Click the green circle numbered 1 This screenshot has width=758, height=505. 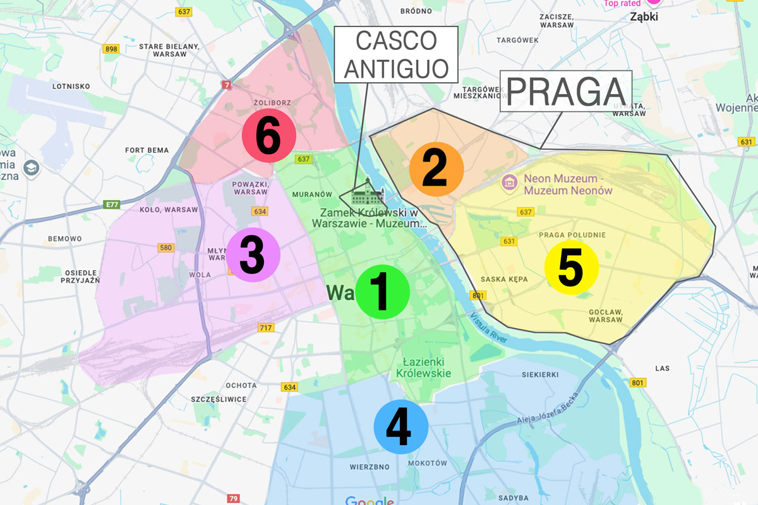click(x=382, y=292)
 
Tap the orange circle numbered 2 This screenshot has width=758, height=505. click(x=436, y=169)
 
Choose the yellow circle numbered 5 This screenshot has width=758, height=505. click(x=571, y=268)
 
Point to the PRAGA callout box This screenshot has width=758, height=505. click(x=566, y=92)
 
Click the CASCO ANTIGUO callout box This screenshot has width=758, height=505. click(x=396, y=54)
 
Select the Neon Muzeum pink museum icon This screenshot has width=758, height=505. click(x=509, y=184)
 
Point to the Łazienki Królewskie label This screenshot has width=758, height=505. click(x=424, y=367)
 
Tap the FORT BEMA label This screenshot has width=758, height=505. click(x=147, y=150)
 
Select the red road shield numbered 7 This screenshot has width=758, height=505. click(x=226, y=84)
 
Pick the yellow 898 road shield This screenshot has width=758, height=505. click(x=112, y=49)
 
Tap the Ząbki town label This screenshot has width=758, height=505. click(x=644, y=17)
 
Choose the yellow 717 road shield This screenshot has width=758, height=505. click(x=266, y=327)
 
